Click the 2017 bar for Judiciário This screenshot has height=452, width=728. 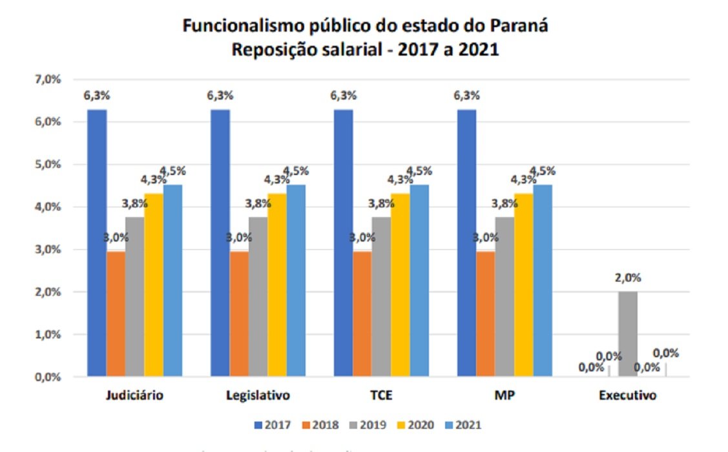[97, 243]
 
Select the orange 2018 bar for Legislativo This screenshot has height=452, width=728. [239, 314]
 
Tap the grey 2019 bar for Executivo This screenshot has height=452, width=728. [628, 334]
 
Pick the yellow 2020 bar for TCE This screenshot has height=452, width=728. [400, 285]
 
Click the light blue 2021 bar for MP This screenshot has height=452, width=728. [543, 280]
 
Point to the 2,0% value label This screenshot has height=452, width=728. [628, 278]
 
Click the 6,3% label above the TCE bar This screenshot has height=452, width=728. [343, 96]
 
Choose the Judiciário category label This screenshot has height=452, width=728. [135, 395]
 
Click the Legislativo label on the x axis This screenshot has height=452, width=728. [258, 395]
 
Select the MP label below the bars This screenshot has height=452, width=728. [505, 395]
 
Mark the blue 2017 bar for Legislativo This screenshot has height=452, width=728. [220, 243]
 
